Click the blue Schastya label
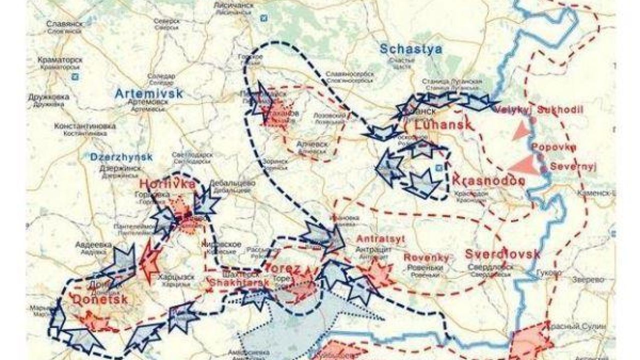411,49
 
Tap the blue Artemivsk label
149,93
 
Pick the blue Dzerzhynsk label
121,156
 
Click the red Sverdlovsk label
502,254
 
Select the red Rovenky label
426,257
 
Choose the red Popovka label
554,147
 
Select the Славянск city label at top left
63,24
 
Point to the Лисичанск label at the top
235,4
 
